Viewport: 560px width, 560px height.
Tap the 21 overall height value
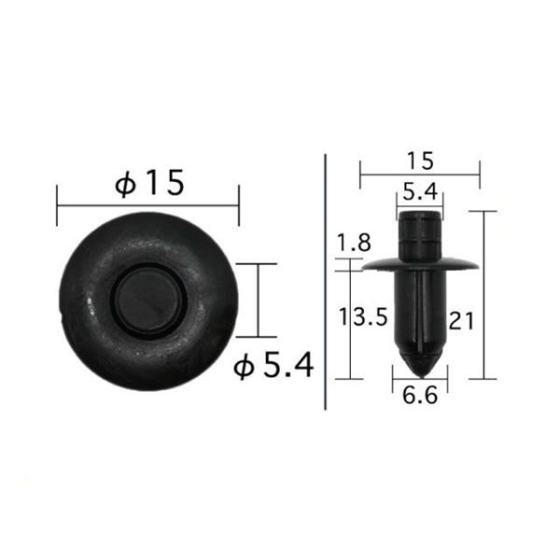(461, 322)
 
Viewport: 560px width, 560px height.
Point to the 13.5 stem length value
(362, 318)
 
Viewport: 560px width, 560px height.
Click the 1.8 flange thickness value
(354, 244)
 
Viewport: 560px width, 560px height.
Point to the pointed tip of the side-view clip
(418, 362)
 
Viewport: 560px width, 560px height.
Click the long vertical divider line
(324, 280)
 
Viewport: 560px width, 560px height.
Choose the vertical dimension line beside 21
(483, 295)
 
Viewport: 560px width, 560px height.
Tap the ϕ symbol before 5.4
(245, 368)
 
